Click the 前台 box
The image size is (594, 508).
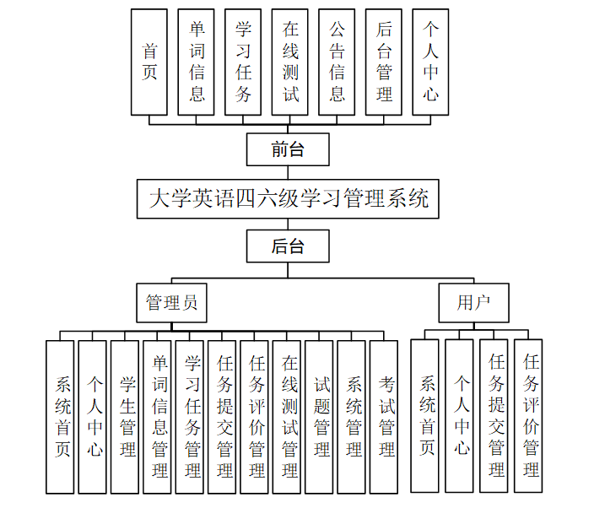288,149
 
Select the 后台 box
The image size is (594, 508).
288,246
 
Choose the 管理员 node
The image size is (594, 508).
171,302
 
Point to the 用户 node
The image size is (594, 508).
473,302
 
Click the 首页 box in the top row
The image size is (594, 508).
149,62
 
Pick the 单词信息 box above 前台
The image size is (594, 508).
197,62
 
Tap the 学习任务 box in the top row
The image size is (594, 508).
243,62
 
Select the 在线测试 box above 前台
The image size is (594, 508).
290,62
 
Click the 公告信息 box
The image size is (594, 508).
337,62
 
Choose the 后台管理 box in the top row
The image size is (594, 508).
384,62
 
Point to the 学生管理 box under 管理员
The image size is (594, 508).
125,417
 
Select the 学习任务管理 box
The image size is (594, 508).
190,417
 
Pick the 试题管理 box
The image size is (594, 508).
319,417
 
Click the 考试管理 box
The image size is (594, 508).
384,417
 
